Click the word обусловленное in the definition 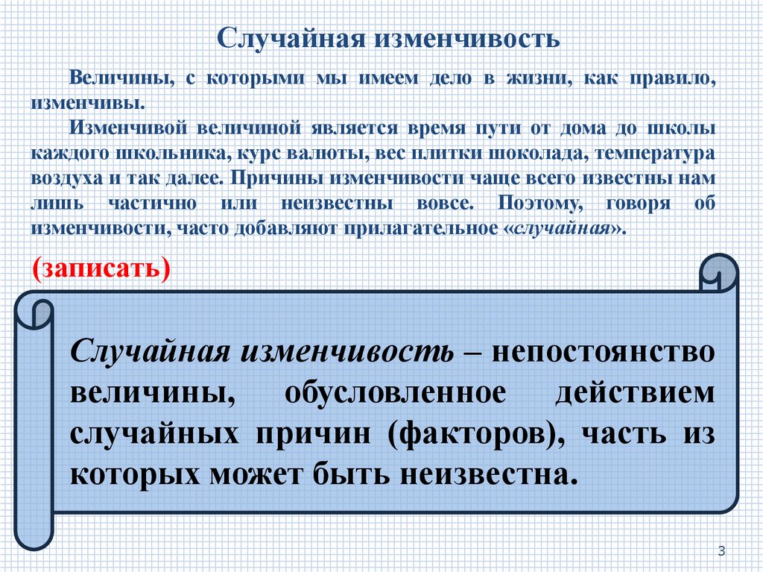point(402,392)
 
